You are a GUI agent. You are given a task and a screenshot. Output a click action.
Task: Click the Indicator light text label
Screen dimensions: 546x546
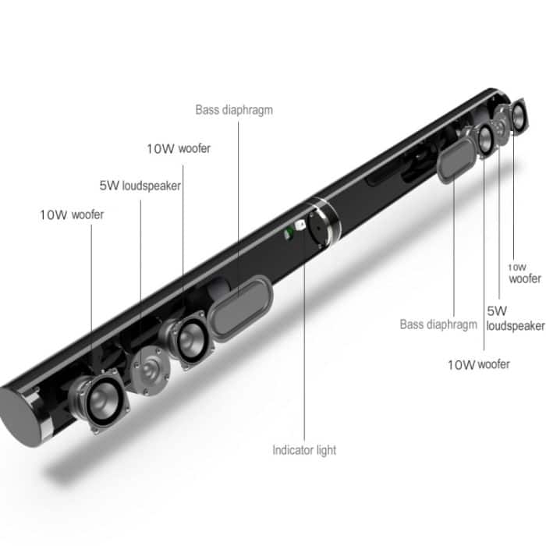[304, 450]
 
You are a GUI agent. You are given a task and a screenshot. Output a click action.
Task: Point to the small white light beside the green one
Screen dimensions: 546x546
[299, 228]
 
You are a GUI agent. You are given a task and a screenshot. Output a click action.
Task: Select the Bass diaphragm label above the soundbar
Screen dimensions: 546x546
[234, 109]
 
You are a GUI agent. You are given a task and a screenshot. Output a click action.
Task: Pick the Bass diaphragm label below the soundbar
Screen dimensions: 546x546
[438, 324]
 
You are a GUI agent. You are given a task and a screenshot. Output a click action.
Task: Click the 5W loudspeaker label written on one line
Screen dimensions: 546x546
[140, 186]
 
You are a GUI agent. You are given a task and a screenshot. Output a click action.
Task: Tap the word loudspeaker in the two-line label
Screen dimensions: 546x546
[516, 326]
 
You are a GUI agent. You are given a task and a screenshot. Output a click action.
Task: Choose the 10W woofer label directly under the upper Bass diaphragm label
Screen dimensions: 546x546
[179, 148]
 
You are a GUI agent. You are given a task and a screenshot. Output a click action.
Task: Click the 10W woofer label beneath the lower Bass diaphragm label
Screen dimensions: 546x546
[478, 364]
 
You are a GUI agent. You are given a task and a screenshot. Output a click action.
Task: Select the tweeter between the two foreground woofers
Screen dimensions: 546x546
[148, 367]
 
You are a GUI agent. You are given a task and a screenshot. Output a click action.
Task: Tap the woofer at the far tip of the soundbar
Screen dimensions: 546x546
[516, 117]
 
